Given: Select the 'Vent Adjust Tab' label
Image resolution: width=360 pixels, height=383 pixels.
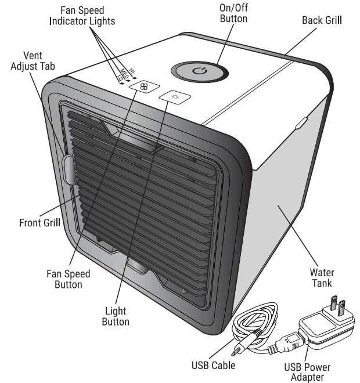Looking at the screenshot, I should point(33,60).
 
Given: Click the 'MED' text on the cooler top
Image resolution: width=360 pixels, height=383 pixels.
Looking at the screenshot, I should point(124,74).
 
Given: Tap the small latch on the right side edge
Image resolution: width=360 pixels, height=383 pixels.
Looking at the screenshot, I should point(301,122).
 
